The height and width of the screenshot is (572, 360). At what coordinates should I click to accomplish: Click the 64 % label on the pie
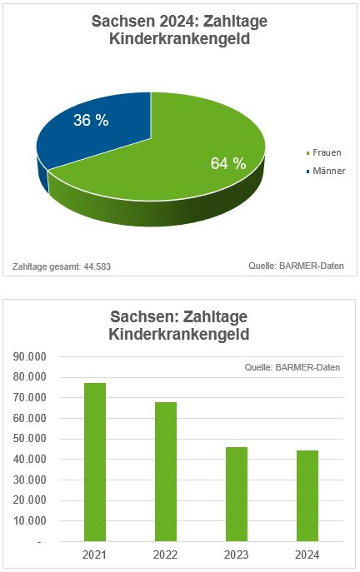pyautogui.click(x=227, y=164)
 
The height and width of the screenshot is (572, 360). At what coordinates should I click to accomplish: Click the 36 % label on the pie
pyautogui.click(x=91, y=121)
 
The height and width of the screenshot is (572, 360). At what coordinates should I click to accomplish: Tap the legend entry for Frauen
pyautogui.click(x=324, y=153)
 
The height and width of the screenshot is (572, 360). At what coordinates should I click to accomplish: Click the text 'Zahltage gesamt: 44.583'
pyautogui.click(x=62, y=266)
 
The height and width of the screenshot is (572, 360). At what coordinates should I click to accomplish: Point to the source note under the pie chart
pyautogui.click(x=296, y=266)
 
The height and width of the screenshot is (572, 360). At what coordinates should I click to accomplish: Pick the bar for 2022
pyautogui.click(x=165, y=471)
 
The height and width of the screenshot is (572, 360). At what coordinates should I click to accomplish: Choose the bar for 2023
pyautogui.click(x=236, y=494)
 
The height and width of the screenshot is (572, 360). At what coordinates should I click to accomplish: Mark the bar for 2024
pyautogui.click(x=307, y=495)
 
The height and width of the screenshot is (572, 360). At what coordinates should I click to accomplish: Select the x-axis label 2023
pyautogui.click(x=236, y=555)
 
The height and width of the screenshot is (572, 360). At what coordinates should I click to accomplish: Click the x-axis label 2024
pyautogui.click(x=307, y=555)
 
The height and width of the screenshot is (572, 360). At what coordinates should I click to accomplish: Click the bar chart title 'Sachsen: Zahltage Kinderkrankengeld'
pyautogui.click(x=180, y=326)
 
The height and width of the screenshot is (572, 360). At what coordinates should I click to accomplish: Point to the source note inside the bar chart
pyautogui.click(x=292, y=367)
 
